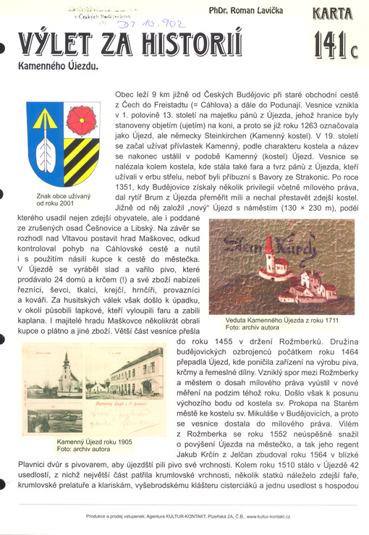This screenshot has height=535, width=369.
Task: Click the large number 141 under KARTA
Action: pos(328,44)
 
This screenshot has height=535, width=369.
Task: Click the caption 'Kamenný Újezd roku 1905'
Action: pos(94,445)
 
